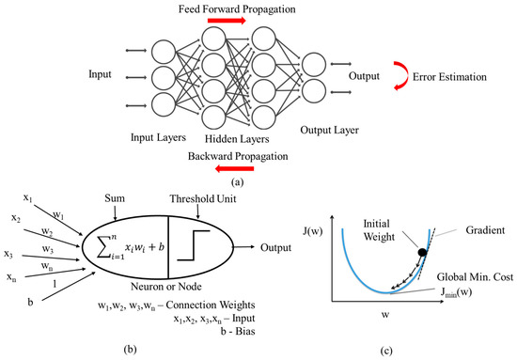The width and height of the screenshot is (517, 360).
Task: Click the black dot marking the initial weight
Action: point(422,253)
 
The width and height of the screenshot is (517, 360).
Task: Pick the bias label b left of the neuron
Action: point(30,301)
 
